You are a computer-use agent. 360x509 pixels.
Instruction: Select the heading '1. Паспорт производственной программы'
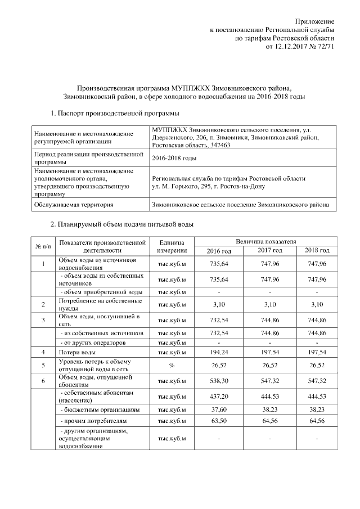pyautogui.click(x=111, y=114)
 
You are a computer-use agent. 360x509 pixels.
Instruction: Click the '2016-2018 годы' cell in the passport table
pyautogui.click(x=174, y=158)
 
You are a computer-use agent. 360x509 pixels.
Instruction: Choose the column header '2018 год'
pyautogui.click(x=317, y=250)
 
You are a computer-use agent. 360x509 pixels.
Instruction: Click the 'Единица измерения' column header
pyautogui.click(x=172, y=246)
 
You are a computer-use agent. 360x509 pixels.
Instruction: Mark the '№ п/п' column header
pyautogui.click(x=43, y=246)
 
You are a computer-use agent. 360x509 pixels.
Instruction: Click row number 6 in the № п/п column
pyautogui.click(x=43, y=380)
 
